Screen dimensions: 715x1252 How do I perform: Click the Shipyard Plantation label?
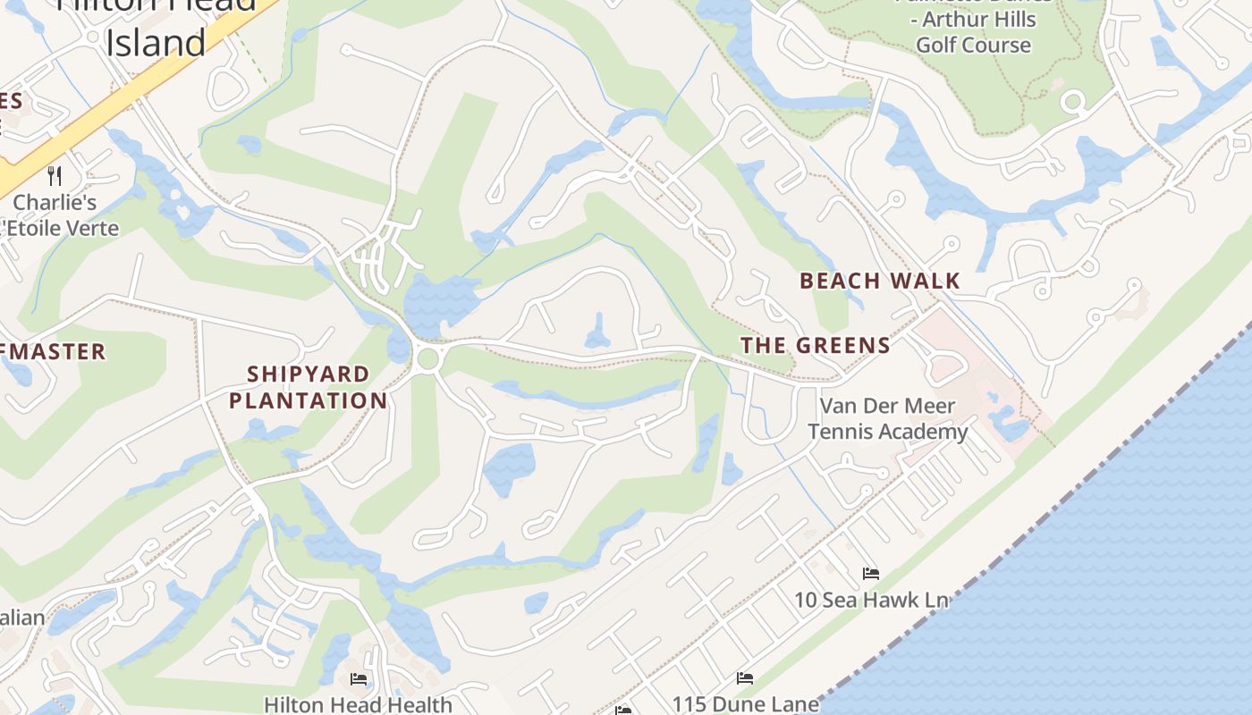[309, 387]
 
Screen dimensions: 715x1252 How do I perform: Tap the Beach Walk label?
[879, 281]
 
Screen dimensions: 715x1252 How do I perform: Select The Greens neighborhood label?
[815, 345]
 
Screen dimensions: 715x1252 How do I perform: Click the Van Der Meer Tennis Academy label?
[887, 418]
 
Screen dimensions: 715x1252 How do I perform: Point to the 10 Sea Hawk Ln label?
[871, 600]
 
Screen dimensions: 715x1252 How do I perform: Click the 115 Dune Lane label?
[745, 703]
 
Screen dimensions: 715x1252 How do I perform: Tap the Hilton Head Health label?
[358, 704]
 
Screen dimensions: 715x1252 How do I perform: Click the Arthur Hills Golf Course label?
[973, 32]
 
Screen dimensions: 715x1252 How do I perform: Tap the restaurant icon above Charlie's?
[55, 175]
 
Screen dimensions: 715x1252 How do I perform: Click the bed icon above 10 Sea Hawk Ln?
[871, 573]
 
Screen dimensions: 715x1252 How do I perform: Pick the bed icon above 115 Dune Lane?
[745, 678]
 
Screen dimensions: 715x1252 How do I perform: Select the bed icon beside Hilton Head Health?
[359, 679]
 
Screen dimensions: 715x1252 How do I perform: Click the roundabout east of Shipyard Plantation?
[427, 358]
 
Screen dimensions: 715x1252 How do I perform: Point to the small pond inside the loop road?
[597, 332]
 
